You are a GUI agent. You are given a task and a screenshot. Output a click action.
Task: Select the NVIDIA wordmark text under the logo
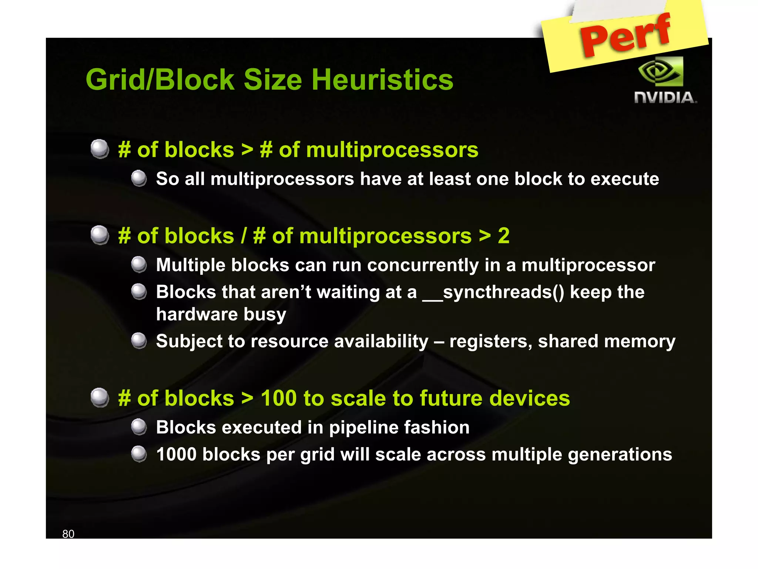click(665, 98)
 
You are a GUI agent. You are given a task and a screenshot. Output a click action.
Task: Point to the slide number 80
click(68, 534)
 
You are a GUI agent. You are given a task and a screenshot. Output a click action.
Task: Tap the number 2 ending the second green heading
click(503, 236)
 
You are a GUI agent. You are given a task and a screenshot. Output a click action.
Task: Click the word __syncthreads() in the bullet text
click(493, 292)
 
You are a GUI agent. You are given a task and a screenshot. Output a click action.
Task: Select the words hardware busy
click(221, 315)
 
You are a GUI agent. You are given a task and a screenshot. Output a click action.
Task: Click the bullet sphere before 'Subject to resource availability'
click(139, 341)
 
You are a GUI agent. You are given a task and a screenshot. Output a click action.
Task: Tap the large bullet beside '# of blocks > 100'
click(100, 398)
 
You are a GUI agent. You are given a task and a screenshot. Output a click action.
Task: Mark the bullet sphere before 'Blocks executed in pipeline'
click(139, 427)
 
